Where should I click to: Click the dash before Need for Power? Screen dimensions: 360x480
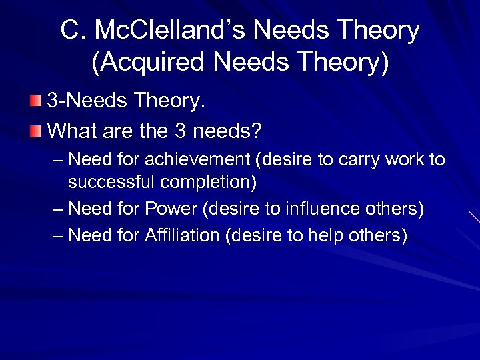coord(57,209)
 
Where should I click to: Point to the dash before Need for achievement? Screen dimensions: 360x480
coord(57,160)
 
